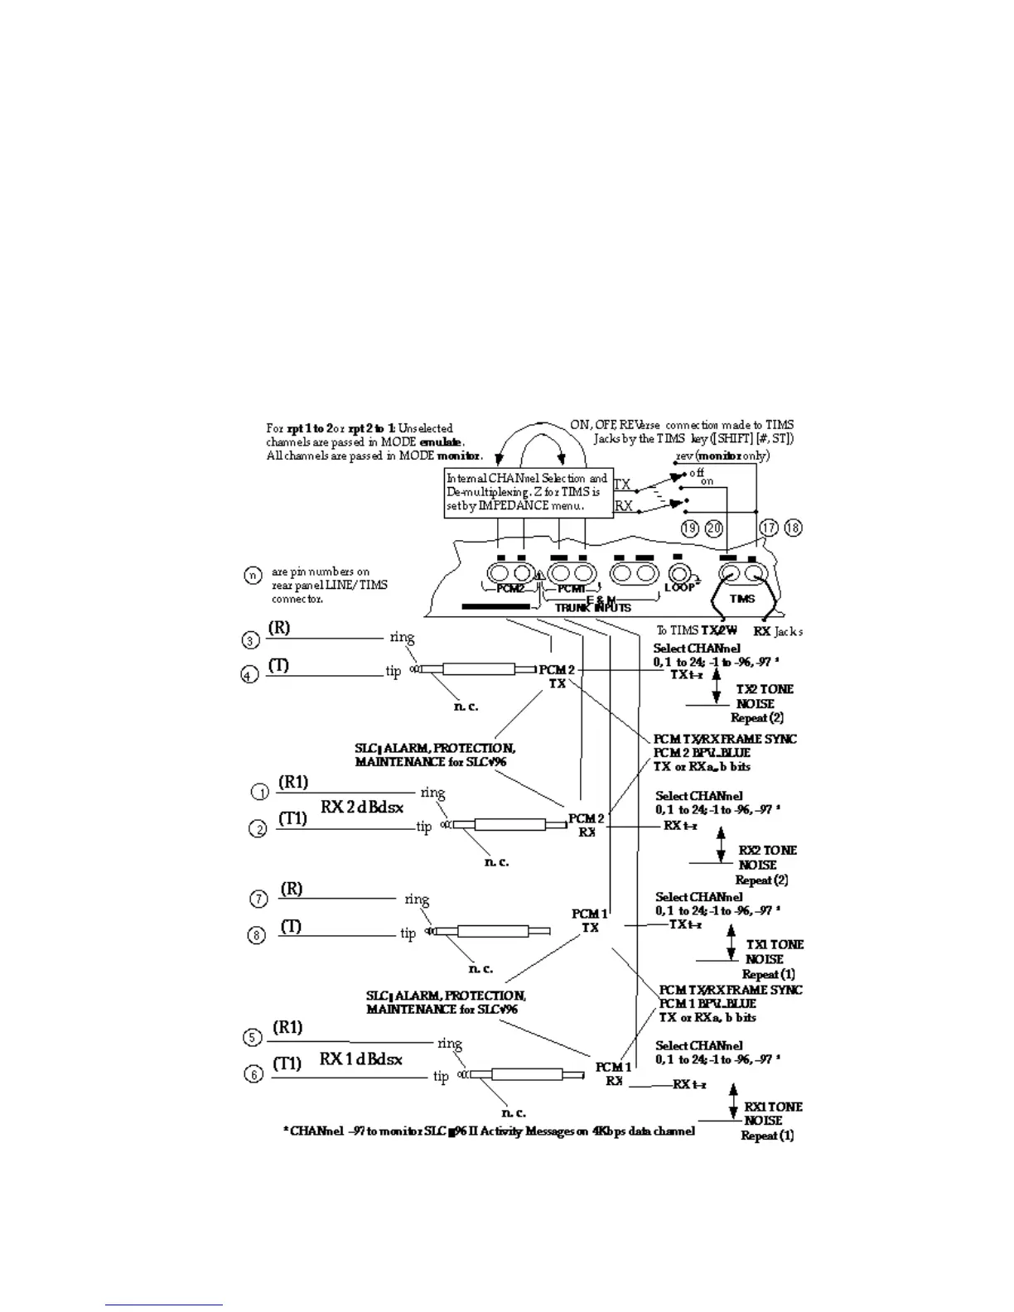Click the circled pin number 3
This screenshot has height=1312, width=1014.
click(x=251, y=639)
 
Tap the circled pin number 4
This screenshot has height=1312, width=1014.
click(x=249, y=675)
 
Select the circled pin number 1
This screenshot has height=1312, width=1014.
click(x=259, y=792)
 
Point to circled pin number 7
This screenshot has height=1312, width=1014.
click(x=258, y=899)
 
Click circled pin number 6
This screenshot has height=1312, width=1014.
click(x=254, y=1074)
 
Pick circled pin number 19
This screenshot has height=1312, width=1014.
click(x=690, y=528)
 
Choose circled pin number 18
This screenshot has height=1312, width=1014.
click(x=793, y=528)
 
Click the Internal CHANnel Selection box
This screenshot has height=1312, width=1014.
click(x=528, y=493)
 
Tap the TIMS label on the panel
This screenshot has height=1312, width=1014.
click(x=742, y=599)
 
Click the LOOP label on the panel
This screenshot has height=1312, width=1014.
click(x=678, y=587)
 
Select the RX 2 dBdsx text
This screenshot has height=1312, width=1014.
click(x=362, y=807)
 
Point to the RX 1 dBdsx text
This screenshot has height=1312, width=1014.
click(x=361, y=1059)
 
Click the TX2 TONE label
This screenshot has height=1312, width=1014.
click(x=765, y=689)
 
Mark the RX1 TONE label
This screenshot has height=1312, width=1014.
click(x=773, y=1107)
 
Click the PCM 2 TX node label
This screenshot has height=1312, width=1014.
click(x=557, y=676)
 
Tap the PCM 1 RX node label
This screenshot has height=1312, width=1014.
click(x=613, y=1073)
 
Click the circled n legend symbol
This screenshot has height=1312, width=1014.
click(x=254, y=574)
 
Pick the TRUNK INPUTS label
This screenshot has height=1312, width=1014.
click(x=592, y=607)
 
